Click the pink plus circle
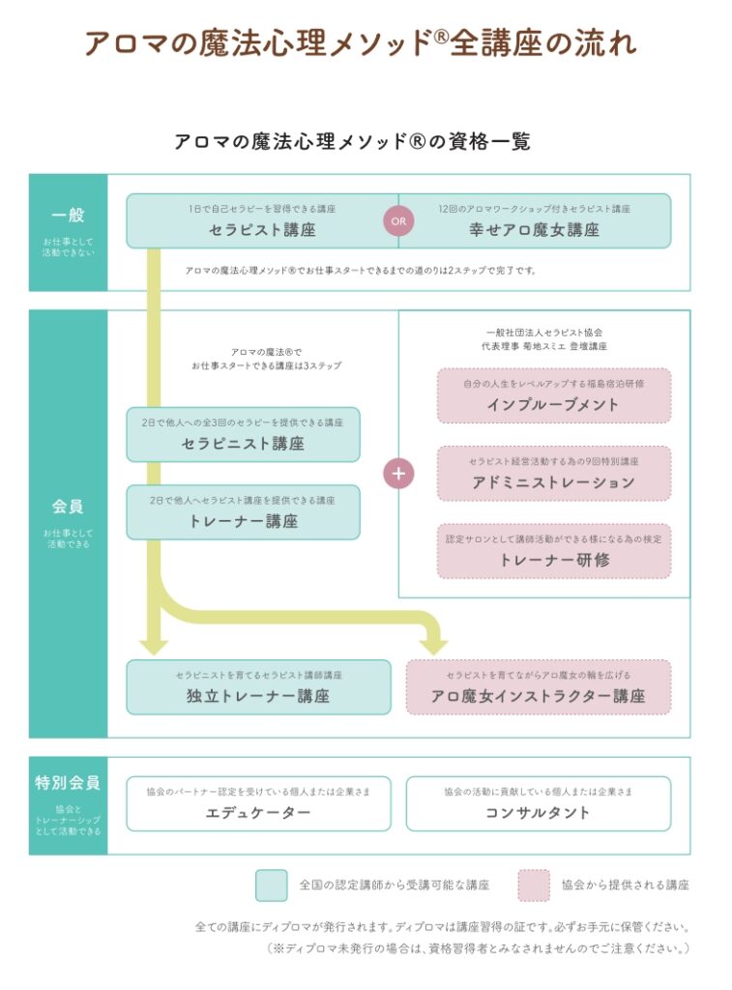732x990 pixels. point(399,474)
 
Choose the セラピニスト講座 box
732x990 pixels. point(243,434)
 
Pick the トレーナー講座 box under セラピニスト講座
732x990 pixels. point(243,511)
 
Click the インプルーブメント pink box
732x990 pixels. point(553,395)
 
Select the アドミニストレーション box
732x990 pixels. point(553,473)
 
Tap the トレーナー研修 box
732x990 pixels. point(553,550)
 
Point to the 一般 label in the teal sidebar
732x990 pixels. point(68,216)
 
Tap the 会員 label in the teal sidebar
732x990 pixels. point(68,507)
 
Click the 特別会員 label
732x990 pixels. point(68,783)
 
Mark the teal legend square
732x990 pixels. point(272,885)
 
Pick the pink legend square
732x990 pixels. point(534,885)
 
